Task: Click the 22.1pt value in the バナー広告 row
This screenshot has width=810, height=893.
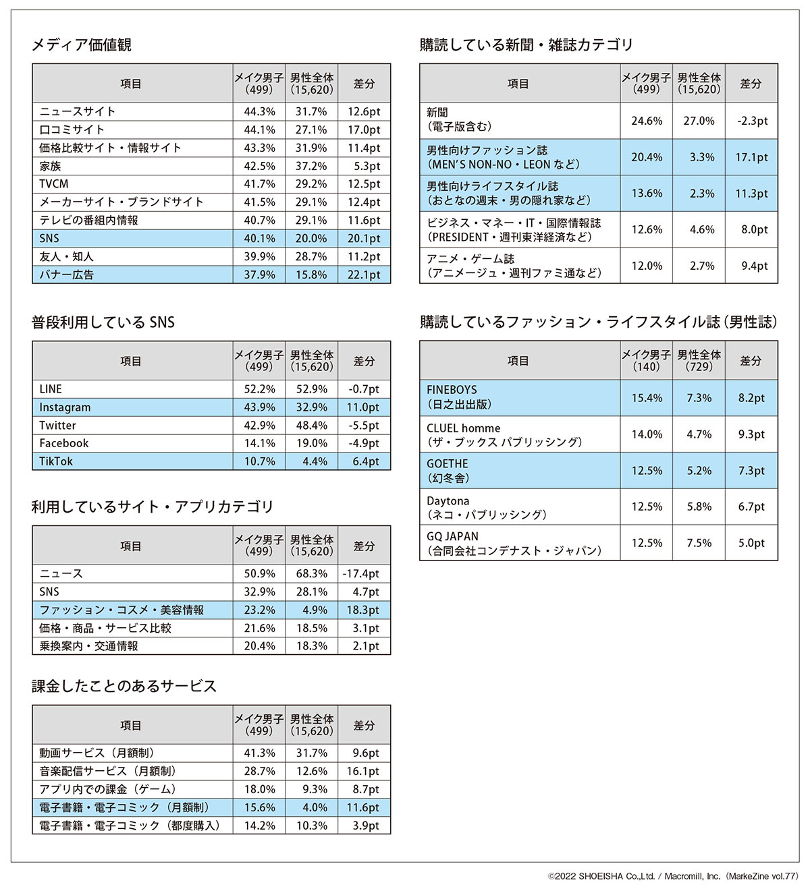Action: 364,275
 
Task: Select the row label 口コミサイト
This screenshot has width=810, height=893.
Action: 72,129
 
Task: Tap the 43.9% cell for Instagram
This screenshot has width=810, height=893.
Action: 259,407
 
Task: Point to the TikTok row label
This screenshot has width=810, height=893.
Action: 56,461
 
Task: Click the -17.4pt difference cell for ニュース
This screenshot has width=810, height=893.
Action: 364,574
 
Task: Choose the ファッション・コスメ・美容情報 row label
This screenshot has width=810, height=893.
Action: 122,610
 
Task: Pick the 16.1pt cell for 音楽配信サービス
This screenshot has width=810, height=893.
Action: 364,771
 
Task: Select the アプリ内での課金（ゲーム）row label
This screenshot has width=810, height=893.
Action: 107,789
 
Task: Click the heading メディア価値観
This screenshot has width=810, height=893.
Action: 82,45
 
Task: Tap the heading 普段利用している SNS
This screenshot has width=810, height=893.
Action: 103,322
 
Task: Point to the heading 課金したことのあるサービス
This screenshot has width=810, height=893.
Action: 124,687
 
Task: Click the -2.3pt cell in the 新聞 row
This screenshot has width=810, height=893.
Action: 751,121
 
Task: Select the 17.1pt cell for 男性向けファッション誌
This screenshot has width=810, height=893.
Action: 751,157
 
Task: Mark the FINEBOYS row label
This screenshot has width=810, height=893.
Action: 452,390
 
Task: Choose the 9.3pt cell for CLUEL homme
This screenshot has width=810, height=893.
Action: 751,434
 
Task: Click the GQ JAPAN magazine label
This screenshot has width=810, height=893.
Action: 452,536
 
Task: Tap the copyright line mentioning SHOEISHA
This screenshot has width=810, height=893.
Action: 672,876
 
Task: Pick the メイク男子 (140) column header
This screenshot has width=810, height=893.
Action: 646,360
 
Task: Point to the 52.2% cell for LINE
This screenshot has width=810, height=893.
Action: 259,389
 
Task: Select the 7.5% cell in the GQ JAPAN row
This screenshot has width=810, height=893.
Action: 699,543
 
